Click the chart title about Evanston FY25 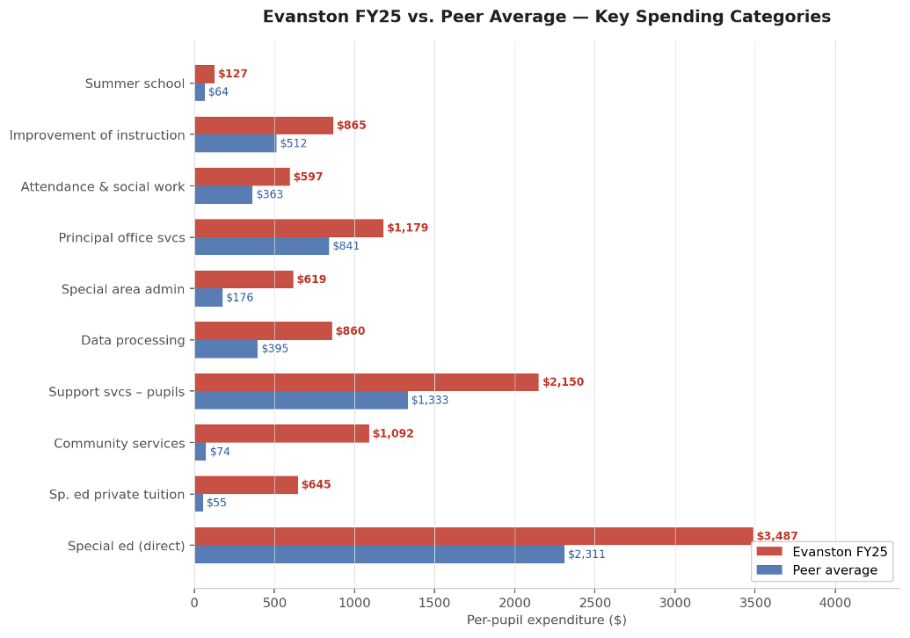(x=546, y=17)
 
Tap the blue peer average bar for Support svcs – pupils (x=301, y=401)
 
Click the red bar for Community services (x=281, y=433)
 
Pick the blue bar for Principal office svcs (x=261, y=246)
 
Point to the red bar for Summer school (x=204, y=74)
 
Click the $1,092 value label (x=393, y=433)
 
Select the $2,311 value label (x=586, y=554)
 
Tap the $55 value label (x=216, y=503)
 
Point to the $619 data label (x=311, y=279)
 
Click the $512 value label (x=293, y=143)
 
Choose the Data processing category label (x=133, y=340)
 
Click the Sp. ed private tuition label (x=117, y=495)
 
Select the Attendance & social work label (x=103, y=186)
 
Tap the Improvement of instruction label (x=97, y=135)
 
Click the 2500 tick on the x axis (x=594, y=603)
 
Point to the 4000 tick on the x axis (x=835, y=603)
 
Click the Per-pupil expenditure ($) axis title (x=546, y=620)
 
